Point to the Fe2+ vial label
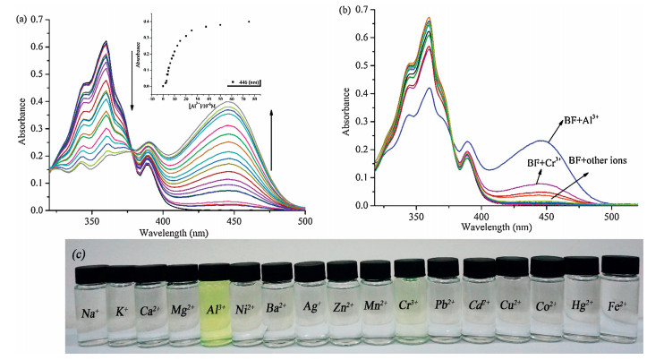tap(618, 289)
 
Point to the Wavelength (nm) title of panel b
tap(495, 227)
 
